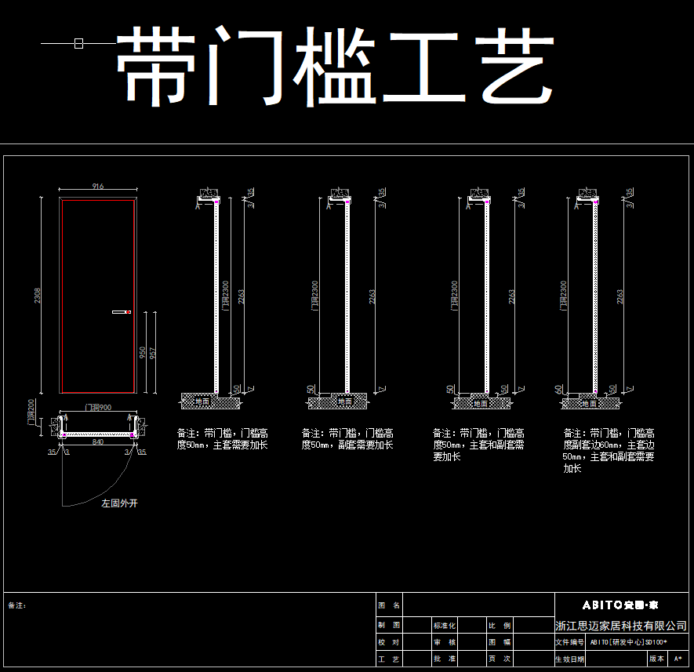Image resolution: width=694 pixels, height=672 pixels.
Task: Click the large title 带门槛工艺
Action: click(x=336, y=67)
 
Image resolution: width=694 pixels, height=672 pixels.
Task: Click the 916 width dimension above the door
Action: click(x=98, y=187)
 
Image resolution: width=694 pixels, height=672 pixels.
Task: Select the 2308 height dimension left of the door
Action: click(x=38, y=296)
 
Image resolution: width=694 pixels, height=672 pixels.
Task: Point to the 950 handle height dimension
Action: click(x=142, y=354)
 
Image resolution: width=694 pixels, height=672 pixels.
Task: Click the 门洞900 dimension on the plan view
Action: click(x=97, y=408)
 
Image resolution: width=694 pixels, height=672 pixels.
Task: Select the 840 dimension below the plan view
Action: click(x=97, y=442)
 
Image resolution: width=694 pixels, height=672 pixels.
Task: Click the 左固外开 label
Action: click(x=119, y=503)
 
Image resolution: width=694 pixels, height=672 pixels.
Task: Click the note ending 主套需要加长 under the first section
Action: click(x=223, y=439)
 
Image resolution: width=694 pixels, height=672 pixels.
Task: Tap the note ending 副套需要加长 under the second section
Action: click(x=347, y=439)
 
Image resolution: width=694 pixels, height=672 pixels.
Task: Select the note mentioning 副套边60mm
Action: click(x=609, y=450)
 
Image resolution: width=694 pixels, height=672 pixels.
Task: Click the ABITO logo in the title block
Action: click(x=620, y=605)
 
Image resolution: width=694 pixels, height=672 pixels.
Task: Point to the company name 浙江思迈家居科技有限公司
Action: click(x=620, y=626)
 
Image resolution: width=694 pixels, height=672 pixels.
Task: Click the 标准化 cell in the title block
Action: click(x=444, y=626)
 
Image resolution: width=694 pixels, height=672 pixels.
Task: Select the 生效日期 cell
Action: click(x=569, y=659)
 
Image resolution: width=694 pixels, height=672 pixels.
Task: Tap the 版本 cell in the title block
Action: click(x=656, y=659)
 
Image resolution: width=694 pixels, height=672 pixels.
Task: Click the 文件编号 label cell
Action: click(x=569, y=642)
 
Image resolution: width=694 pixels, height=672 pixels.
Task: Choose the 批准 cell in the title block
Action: click(x=444, y=659)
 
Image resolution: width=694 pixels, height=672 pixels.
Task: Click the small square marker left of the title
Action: click(x=78, y=44)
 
